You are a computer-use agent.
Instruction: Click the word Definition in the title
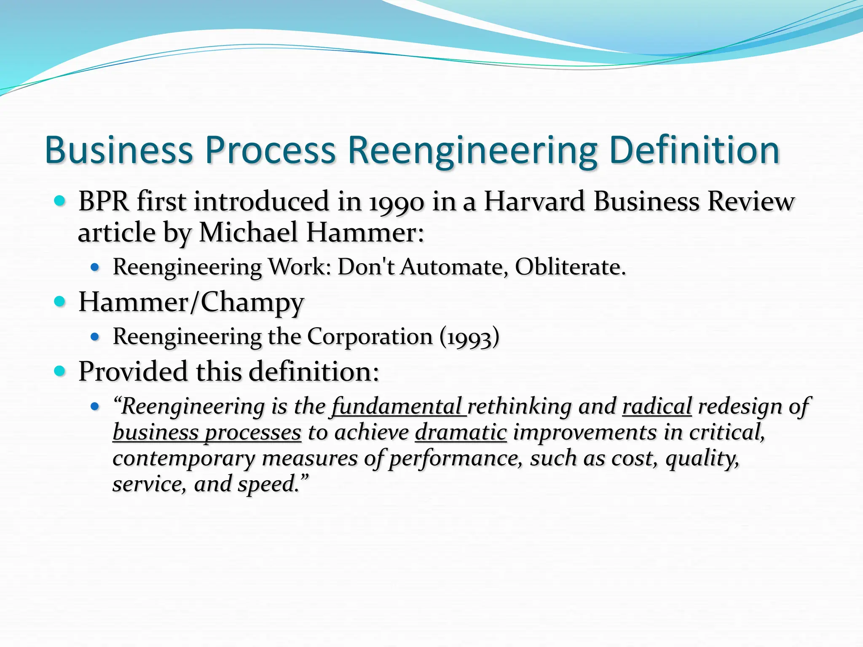pyautogui.click(x=694, y=150)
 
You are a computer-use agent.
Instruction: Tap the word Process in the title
pyautogui.click(x=270, y=150)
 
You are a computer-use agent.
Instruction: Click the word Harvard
pyautogui.click(x=534, y=201)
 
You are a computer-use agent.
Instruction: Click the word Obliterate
pyautogui.click(x=570, y=267)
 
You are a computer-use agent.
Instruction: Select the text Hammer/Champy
pyautogui.click(x=191, y=302)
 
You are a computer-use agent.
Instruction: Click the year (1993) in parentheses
pyautogui.click(x=469, y=337)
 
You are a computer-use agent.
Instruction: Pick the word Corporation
pyautogui.click(x=370, y=337)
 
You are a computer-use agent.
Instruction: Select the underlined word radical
pyautogui.click(x=657, y=406)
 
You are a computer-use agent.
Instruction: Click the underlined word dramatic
pyautogui.click(x=460, y=433)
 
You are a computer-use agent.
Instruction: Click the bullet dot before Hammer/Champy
pyautogui.click(x=60, y=302)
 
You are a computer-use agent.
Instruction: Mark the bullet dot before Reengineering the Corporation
pyautogui.click(x=95, y=337)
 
